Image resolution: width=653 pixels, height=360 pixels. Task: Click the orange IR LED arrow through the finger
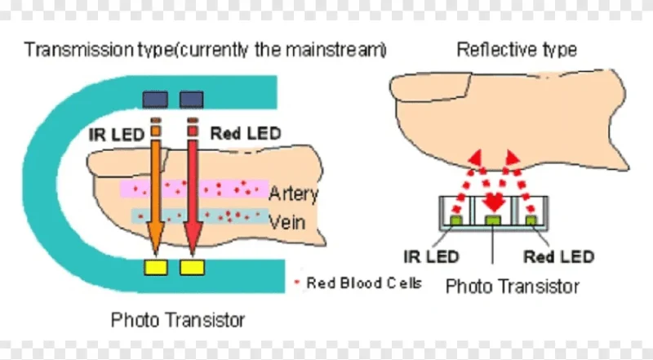(x=155, y=196)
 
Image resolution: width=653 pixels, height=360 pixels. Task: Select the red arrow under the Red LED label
(x=193, y=196)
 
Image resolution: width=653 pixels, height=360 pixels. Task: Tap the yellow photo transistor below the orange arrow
(x=156, y=268)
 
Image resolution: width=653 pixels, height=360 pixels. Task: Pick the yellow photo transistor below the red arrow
(x=192, y=268)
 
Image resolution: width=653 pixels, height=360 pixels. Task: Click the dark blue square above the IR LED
(x=155, y=100)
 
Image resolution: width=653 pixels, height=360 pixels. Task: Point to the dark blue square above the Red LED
(x=192, y=100)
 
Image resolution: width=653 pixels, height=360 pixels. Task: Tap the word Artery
(x=294, y=193)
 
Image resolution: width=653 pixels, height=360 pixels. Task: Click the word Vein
(x=287, y=223)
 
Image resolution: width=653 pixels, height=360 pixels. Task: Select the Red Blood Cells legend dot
(x=297, y=282)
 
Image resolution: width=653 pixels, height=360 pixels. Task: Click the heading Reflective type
(x=517, y=50)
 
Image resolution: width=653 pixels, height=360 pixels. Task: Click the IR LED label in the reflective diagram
(x=431, y=256)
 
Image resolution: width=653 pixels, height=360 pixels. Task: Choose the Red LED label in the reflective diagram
(x=558, y=256)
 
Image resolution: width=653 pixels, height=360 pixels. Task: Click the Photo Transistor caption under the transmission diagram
(x=178, y=320)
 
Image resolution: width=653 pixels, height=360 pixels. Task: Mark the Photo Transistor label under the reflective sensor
(x=513, y=287)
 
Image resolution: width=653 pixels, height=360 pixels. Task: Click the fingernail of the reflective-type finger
(x=431, y=87)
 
